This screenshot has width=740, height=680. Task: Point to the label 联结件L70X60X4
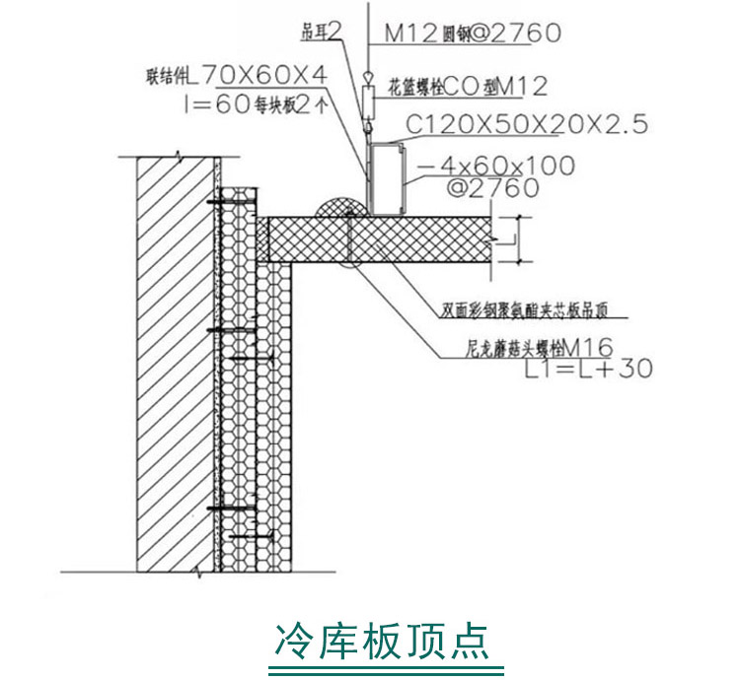pos(234,74)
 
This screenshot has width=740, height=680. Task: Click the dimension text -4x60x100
pos(494,166)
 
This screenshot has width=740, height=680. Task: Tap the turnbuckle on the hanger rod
pos(366,100)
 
